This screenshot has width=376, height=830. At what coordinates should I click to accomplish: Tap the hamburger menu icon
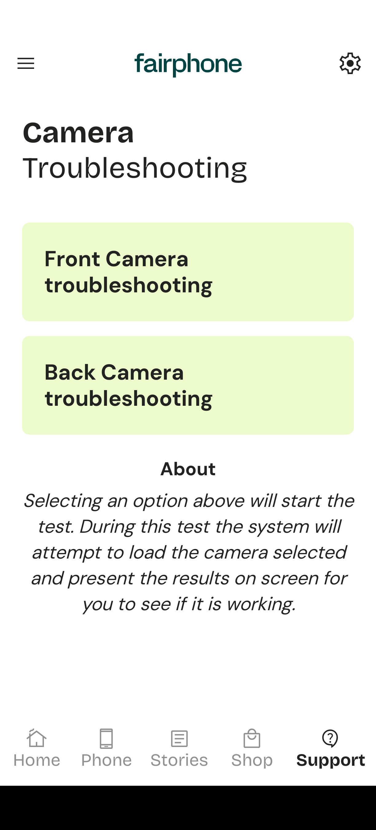[26, 63]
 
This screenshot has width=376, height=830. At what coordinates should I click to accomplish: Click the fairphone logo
[188, 65]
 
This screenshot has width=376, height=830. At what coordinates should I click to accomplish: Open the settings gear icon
[350, 63]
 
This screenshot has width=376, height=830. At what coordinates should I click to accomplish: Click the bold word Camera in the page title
[78, 133]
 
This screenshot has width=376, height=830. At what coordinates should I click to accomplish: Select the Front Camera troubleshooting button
[188, 272]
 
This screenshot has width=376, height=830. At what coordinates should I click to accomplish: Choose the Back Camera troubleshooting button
[188, 385]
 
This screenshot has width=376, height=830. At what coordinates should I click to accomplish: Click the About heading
[188, 469]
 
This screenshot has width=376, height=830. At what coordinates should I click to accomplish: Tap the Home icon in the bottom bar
[36, 738]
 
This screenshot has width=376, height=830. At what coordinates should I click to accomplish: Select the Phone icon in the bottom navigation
[106, 738]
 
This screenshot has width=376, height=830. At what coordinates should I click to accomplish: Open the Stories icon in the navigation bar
[179, 738]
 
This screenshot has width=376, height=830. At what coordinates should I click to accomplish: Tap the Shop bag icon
[252, 738]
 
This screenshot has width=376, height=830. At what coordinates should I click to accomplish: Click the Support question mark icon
[330, 738]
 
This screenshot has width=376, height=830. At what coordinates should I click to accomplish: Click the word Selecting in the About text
[63, 501]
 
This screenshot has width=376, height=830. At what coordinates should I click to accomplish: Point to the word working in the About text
[261, 604]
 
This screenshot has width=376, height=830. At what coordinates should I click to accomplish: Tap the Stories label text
[179, 761]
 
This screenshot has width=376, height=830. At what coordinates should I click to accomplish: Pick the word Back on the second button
[70, 373]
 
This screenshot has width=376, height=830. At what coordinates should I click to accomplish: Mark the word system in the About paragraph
[278, 527]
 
